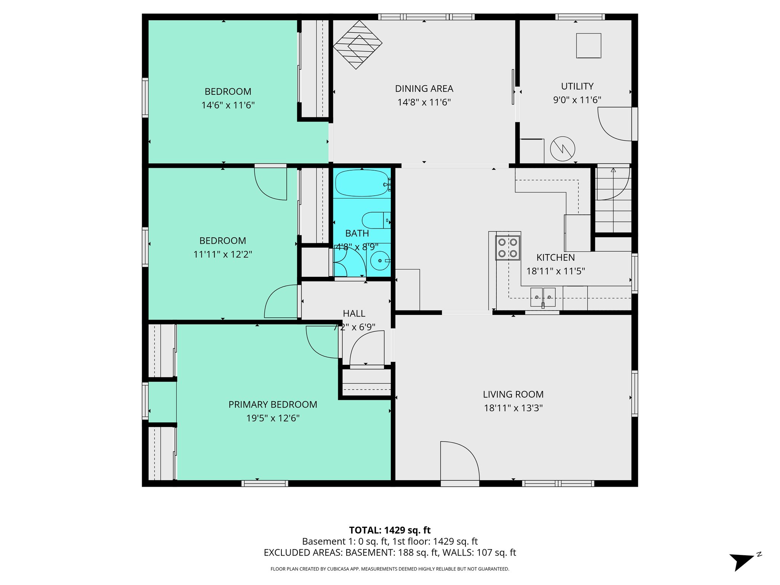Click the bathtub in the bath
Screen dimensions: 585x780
(361, 183)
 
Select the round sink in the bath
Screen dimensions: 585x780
(379, 261)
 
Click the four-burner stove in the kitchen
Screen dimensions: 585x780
(508, 248)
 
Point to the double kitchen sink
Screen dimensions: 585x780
(543, 297)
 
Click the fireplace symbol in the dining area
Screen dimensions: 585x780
(357, 45)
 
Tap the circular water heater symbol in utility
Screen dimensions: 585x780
(563, 149)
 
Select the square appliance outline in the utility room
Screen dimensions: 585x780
(588, 46)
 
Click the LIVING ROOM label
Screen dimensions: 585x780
(513, 394)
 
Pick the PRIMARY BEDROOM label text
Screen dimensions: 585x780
(273, 404)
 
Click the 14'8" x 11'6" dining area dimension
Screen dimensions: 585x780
(424, 102)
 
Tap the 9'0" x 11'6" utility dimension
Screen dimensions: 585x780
(577, 100)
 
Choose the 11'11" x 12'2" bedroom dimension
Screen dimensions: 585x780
(223, 254)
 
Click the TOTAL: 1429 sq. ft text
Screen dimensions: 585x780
(390, 530)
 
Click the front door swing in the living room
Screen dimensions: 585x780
(459, 461)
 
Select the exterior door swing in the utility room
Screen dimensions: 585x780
(614, 124)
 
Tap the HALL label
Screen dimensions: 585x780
(354, 313)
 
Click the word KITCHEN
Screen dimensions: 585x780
(556, 257)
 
